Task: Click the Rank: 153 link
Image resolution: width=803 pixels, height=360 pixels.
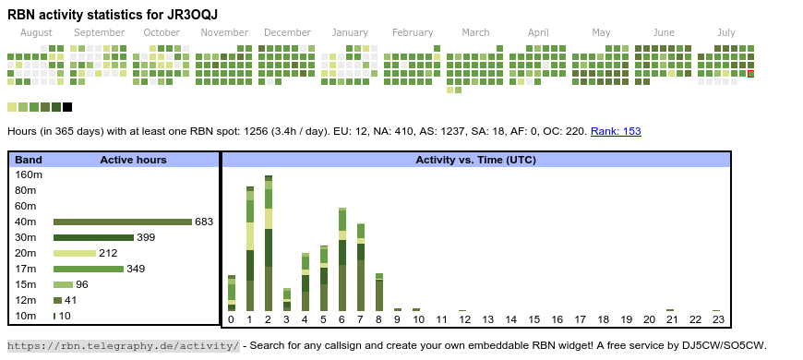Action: [616, 131]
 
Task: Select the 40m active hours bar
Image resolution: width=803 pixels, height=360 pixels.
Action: [123, 222]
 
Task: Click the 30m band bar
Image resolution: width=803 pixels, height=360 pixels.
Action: [93, 237]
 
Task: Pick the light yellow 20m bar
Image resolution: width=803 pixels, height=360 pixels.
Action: [75, 254]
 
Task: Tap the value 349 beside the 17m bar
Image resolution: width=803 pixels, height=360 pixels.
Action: [136, 269]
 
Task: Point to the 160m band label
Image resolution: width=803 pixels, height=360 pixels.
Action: [29, 174]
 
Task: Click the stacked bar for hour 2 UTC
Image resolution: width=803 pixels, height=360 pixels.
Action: [269, 244]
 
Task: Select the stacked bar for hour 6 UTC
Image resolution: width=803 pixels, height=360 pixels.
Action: [342, 259]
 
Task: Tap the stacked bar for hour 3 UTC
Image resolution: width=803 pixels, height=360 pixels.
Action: [287, 300]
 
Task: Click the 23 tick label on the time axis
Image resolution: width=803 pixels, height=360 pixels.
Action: [718, 319]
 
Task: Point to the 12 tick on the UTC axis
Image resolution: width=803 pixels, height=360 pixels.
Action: [464, 319]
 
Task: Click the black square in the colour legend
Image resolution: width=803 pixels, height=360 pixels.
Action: [67, 107]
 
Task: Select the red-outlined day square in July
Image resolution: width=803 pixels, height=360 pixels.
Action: [750, 74]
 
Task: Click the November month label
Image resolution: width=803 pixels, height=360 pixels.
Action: [224, 33]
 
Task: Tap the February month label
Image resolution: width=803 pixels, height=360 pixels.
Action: [413, 33]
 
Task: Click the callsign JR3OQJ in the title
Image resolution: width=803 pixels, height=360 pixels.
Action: [194, 15]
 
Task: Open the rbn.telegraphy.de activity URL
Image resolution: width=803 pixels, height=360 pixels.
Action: [123, 345]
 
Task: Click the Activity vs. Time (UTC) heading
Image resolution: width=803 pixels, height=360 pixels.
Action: [475, 160]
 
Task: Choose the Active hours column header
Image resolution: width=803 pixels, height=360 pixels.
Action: [133, 160]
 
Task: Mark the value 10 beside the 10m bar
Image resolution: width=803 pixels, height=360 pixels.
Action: [65, 316]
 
